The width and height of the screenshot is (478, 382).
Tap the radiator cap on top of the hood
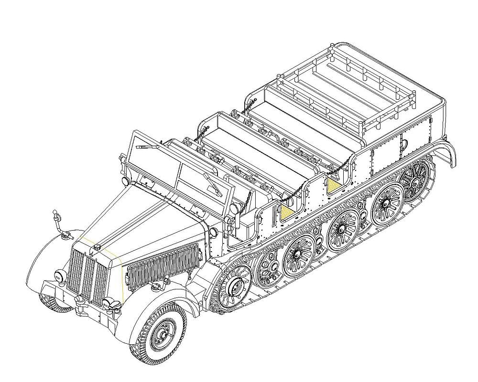point(97,247)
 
